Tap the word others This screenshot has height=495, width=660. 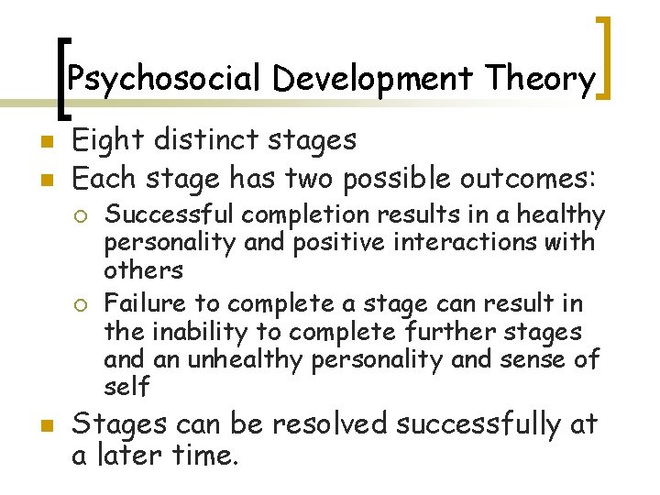pos(144,270)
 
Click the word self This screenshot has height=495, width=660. pos(126,387)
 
